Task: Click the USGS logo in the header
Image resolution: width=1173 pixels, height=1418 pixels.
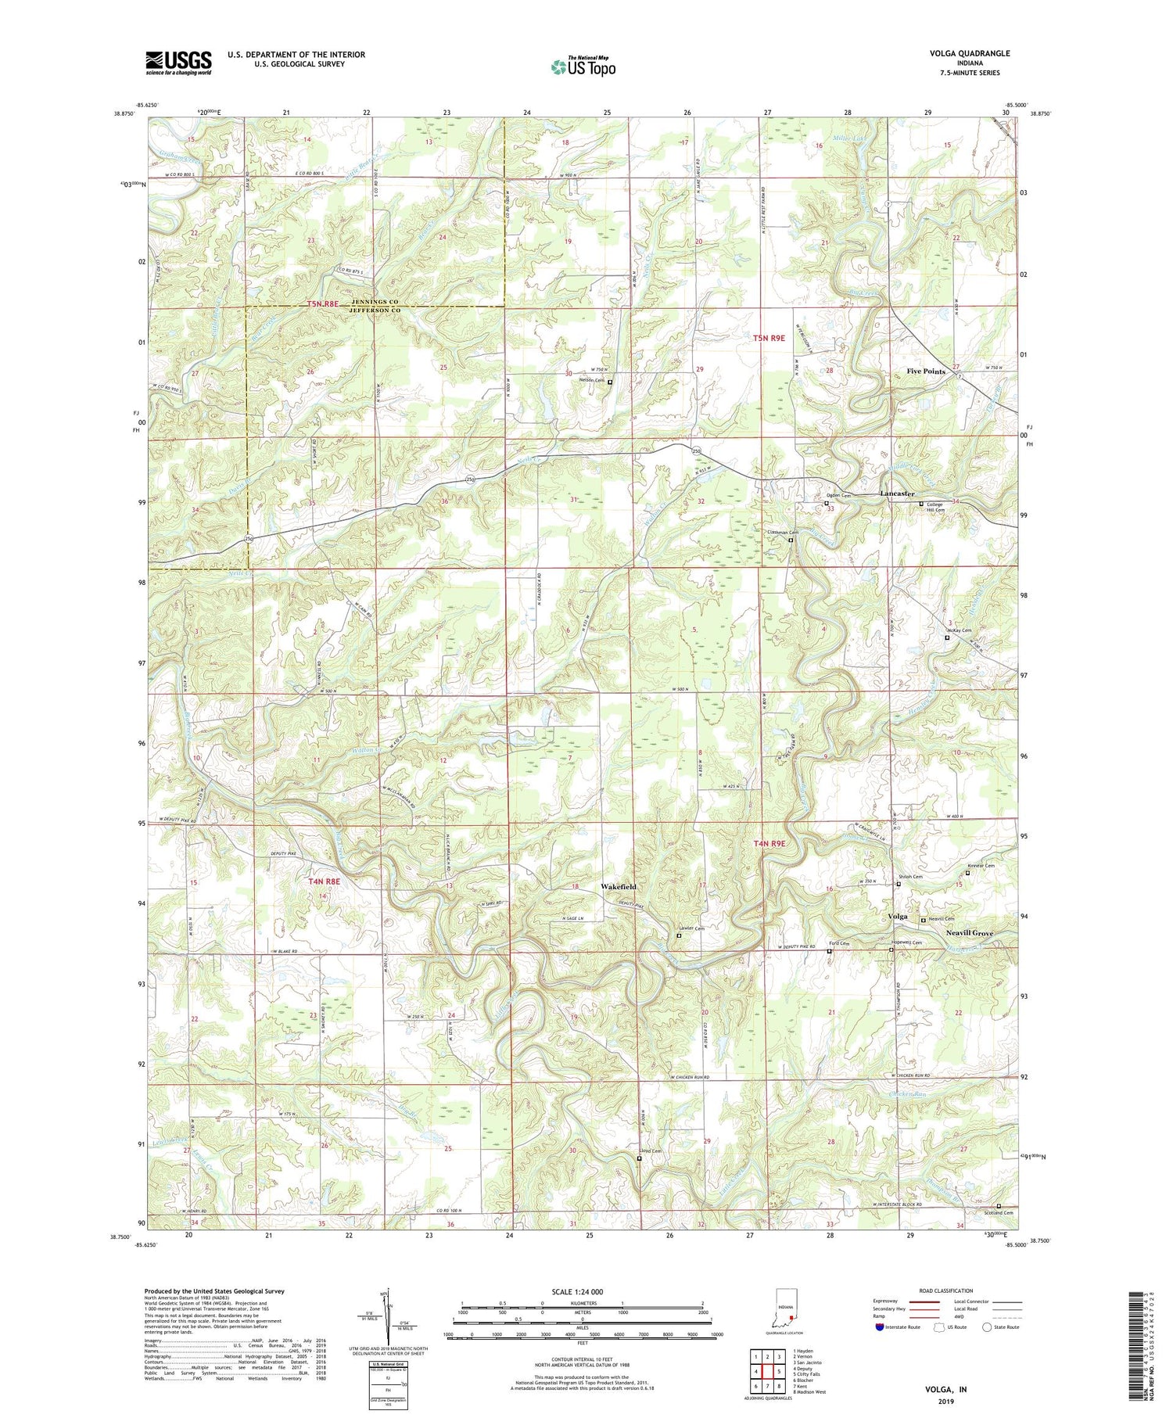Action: click(x=178, y=63)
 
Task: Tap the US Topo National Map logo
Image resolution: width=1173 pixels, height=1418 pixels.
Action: click(x=583, y=66)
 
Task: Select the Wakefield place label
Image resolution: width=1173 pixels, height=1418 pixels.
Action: click(x=619, y=886)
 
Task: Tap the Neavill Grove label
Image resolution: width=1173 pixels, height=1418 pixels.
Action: click(x=970, y=933)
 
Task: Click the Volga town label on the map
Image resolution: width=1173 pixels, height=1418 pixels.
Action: click(x=898, y=916)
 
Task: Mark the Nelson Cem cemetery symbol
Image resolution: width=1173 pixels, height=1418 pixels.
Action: click(x=610, y=382)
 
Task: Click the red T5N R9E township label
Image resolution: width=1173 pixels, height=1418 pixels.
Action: click(x=768, y=338)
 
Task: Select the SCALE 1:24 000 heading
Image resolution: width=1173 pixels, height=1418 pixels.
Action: click(x=582, y=1292)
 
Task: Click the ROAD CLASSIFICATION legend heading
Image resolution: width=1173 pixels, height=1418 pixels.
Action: click(x=946, y=1291)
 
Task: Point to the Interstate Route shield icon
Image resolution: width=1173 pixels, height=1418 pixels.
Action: click(x=881, y=1327)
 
